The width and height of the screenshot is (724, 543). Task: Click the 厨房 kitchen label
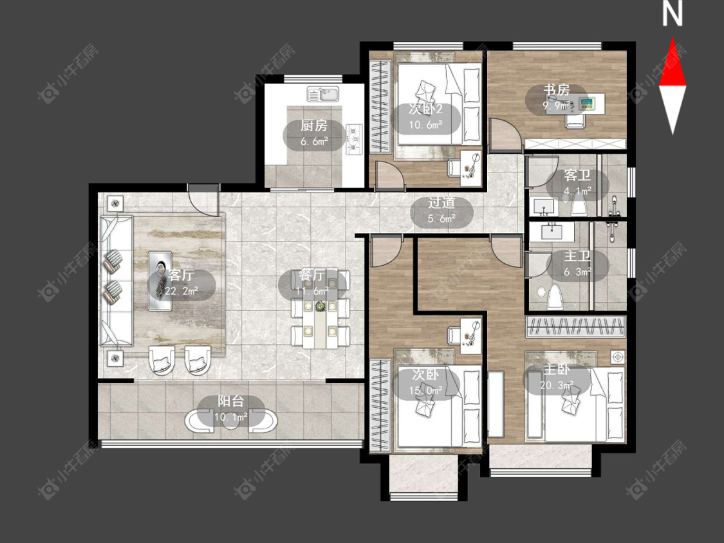[314, 125]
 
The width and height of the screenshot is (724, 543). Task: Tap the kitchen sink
[324, 94]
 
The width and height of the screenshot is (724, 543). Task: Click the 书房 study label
[557, 89]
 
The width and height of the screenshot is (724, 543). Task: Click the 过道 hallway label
[441, 202]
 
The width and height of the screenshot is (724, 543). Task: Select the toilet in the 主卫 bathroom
[553, 297]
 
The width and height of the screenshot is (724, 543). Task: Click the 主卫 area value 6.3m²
[577, 272]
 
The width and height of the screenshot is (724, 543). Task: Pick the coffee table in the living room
[160, 281]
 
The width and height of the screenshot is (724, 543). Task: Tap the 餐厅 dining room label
[311, 275]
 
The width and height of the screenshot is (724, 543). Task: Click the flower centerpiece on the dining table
[319, 306]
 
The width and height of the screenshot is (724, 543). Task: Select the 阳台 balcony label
[231, 401]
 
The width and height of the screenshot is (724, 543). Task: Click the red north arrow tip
[673, 39]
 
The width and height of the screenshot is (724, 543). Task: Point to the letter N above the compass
[673, 14]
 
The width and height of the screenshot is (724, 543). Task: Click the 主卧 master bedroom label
[557, 369]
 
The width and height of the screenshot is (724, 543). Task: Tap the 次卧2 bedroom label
[426, 109]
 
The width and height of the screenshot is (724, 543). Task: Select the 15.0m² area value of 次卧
[426, 391]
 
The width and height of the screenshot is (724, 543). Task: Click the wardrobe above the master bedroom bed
[575, 326]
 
